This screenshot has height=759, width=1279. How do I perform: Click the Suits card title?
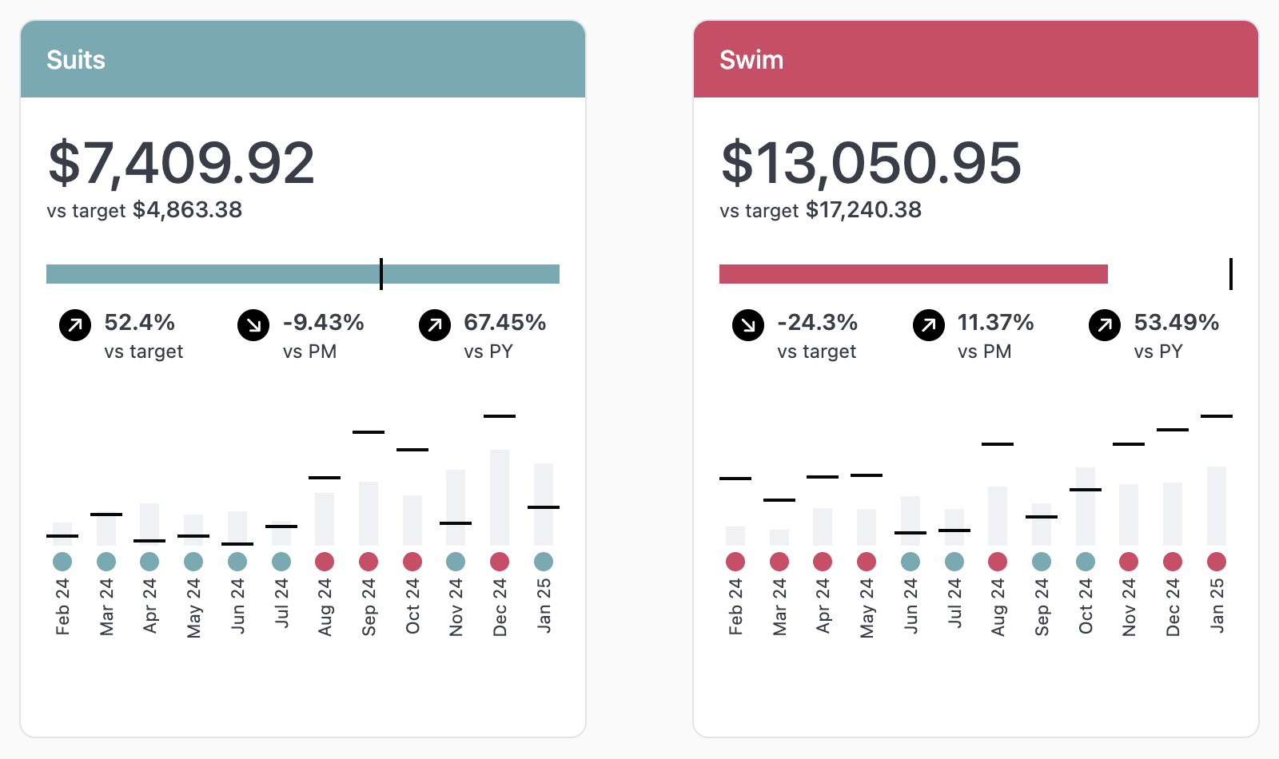click(x=76, y=60)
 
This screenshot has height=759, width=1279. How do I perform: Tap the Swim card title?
click(x=751, y=60)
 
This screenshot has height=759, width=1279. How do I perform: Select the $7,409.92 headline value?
click(x=181, y=163)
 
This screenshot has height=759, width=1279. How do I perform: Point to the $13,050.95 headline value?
click(x=871, y=163)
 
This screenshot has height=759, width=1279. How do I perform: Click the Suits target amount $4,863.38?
click(x=187, y=210)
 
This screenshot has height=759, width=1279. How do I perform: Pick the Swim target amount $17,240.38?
click(x=863, y=210)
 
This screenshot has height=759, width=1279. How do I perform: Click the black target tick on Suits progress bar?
click(x=381, y=274)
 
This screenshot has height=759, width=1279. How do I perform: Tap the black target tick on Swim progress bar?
click(x=1231, y=274)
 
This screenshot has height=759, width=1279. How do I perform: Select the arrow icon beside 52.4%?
click(x=75, y=325)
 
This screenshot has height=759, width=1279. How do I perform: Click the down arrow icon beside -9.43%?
click(x=253, y=325)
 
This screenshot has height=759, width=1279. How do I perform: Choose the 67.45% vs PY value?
click(x=504, y=323)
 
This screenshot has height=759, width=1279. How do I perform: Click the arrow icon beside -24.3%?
click(x=748, y=325)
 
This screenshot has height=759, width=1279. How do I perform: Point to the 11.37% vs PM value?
click(x=995, y=323)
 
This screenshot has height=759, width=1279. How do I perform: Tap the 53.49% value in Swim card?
click(x=1176, y=323)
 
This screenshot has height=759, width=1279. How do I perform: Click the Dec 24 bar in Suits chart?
click(x=500, y=497)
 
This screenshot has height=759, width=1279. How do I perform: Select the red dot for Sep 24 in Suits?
click(x=369, y=562)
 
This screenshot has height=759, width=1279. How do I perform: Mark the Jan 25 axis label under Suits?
click(x=544, y=606)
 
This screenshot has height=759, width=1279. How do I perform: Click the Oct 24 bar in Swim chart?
click(x=1086, y=507)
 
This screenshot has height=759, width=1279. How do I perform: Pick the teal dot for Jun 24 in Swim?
click(x=910, y=562)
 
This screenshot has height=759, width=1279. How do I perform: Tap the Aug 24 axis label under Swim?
click(x=998, y=607)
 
